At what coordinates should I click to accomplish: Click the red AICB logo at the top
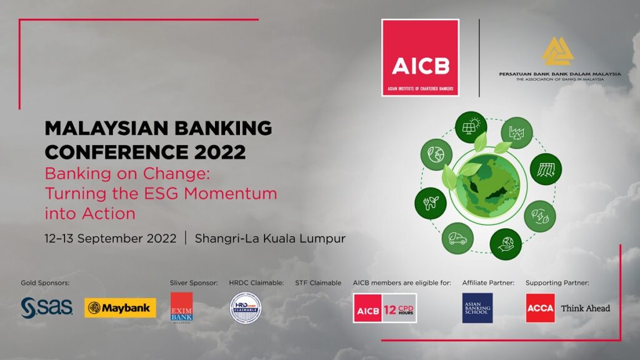[420, 57]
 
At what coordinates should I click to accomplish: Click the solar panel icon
[470, 128]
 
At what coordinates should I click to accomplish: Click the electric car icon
[457, 239]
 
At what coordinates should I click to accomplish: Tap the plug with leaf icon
[431, 203]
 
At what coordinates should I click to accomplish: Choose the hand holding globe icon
[506, 244]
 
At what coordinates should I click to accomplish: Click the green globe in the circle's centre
[484, 184]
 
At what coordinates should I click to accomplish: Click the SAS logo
[47, 307]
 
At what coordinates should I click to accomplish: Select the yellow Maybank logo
[120, 307]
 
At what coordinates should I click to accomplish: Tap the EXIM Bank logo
[182, 307]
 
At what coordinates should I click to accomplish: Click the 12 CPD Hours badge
[386, 308]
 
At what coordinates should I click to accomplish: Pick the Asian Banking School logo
[477, 308]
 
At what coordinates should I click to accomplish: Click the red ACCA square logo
[540, 308]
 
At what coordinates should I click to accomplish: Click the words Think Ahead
[585, 308]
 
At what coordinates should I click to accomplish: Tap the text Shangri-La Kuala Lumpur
[270, 239]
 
